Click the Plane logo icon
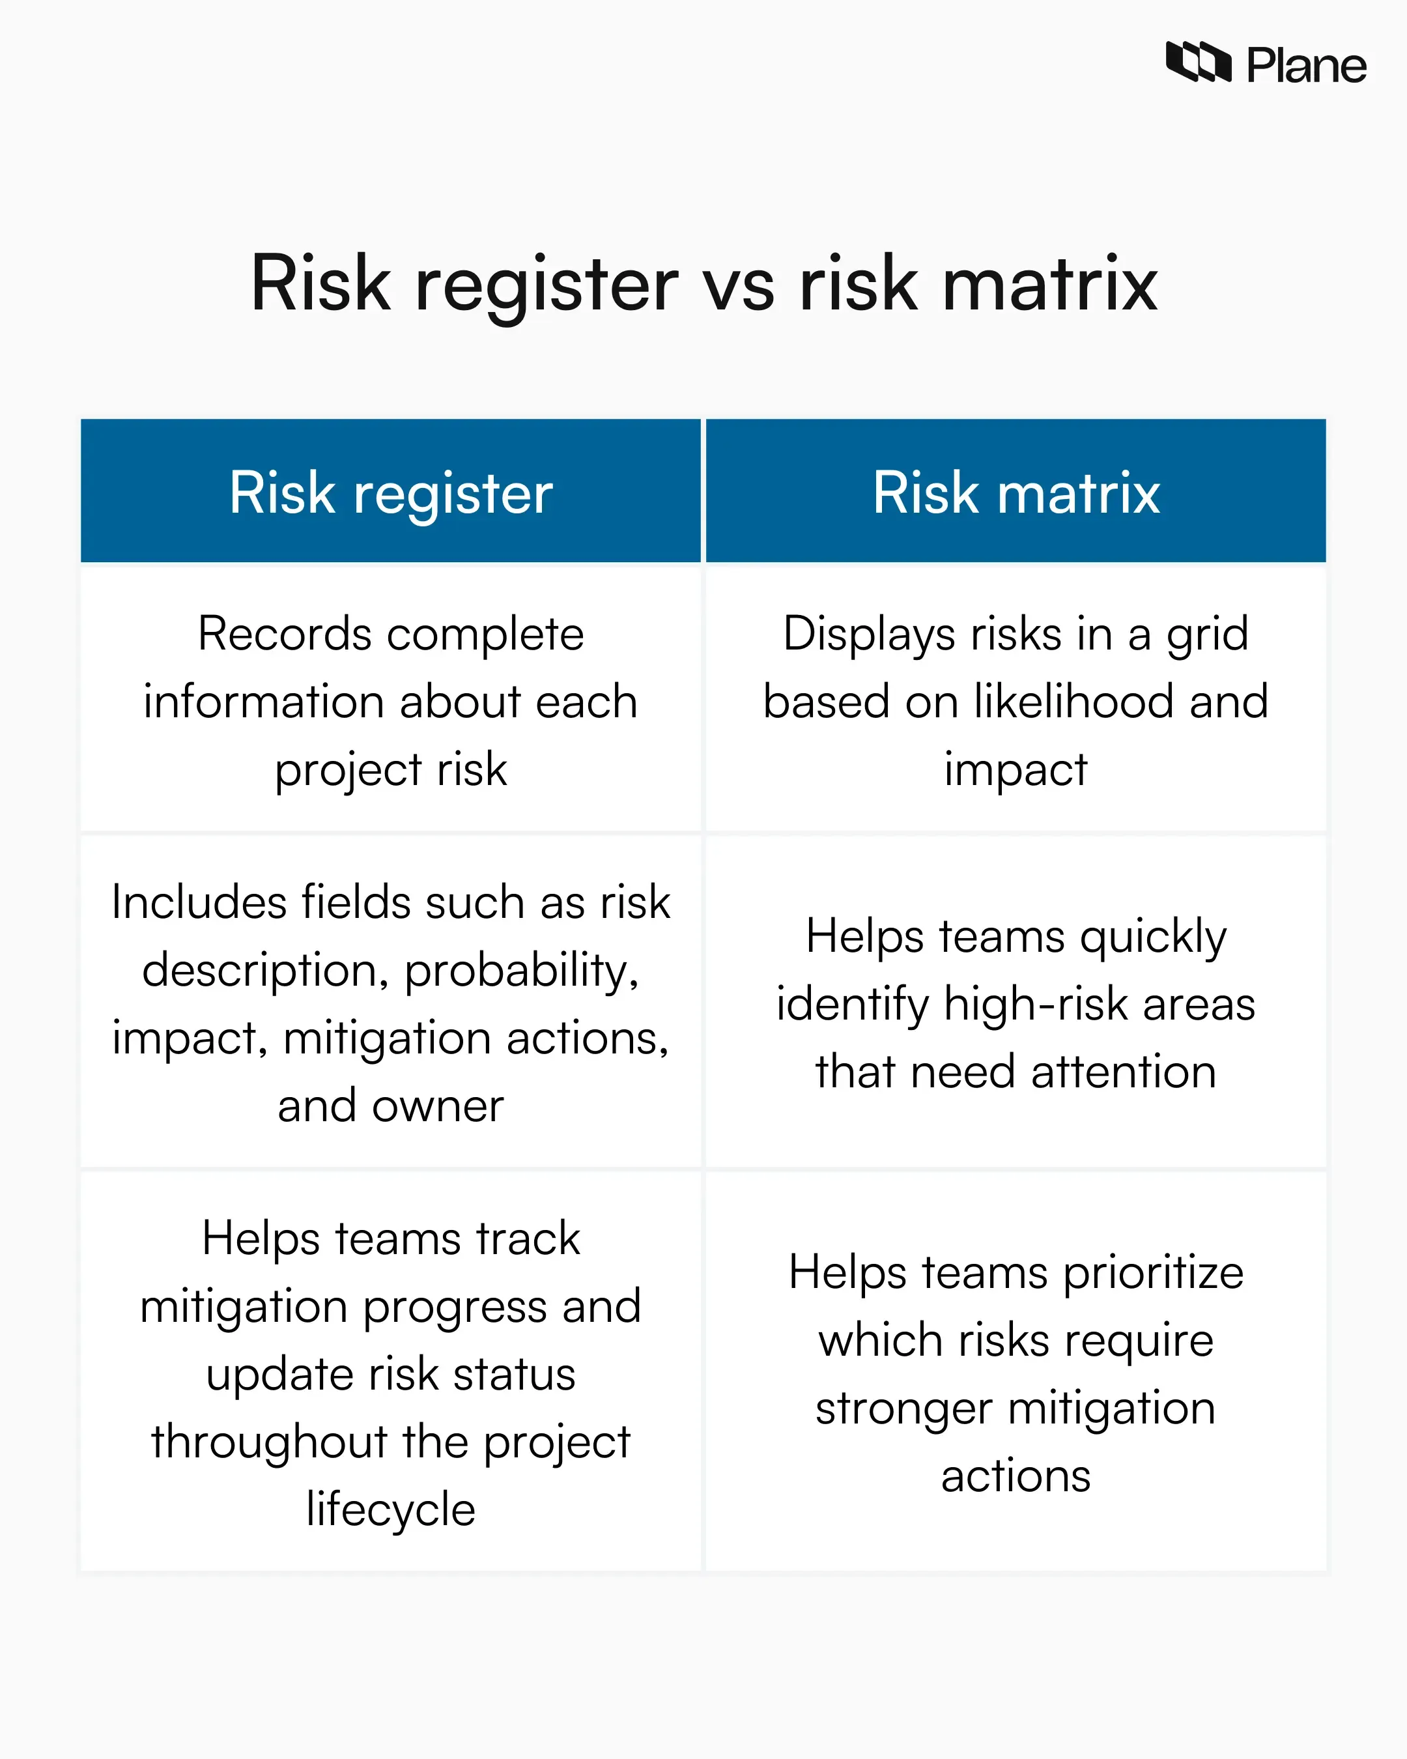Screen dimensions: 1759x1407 pos(1197,62)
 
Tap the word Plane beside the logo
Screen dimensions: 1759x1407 pos(1306,65)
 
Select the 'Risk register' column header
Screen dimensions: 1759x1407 pos(391,493)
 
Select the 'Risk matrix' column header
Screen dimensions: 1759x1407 pos(1016,493)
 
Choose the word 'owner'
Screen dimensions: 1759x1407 pos(437,1106)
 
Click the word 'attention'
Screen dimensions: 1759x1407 pos(1123,1072)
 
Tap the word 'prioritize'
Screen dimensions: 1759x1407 pos(1154,1274)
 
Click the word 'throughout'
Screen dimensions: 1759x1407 pos(269,1442)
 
